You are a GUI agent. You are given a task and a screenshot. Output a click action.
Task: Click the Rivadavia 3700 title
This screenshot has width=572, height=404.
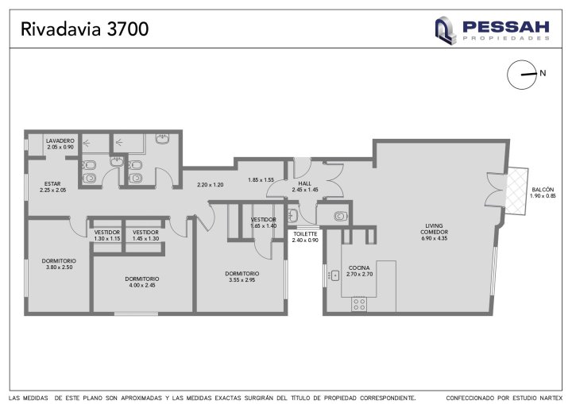pyautogui.click(x=85, y=29)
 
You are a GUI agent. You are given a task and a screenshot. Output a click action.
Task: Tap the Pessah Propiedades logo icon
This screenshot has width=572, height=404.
pyautogui.click(x=446, y=31)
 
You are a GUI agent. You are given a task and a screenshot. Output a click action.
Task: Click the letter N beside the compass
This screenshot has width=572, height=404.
pyautogui.click(x=543, y=73)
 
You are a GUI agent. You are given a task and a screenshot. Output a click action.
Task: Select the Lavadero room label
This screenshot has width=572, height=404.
pyautogui.click(x=60, y=144)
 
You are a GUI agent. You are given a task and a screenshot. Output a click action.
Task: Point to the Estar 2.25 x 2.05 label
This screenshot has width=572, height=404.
pyautogui.click(x=52, y=187)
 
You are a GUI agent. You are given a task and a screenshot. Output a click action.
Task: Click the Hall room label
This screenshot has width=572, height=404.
pyautogui.click(x=305, y=187)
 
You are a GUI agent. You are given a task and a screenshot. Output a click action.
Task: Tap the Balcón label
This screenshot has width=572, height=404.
pyautogui.click(x=543, y=193)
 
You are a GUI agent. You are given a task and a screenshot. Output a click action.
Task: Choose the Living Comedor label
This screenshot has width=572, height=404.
pyautogui.click(x=434, y=232)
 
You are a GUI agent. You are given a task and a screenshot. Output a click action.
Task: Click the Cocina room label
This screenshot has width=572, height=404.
pyautogui.click(x=359, y=271)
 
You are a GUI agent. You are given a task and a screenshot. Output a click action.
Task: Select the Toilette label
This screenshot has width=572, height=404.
pyautogui.click(x=305, y=237)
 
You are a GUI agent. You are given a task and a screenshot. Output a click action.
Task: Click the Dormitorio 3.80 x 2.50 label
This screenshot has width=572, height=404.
pyautogui.click(x=59, y=264)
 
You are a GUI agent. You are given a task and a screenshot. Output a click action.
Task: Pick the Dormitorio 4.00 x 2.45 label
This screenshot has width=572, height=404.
pyautogui.click(x=142, y=282)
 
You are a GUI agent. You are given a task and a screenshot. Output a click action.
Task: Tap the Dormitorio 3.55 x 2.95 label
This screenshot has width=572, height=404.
pyautogui.click(x=242, y=277)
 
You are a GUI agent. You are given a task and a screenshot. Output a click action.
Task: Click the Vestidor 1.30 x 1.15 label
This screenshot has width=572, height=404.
pyautogui.click(x=107, y=236)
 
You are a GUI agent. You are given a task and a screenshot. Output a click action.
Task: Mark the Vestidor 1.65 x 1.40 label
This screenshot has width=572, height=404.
pyautogui.click(x=264, y=223)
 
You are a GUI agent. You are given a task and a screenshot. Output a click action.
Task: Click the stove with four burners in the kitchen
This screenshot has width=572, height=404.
pyautogui.click(x=359, y=305)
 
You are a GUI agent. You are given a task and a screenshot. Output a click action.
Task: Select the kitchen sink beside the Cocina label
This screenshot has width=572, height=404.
pyautogui.click(x=334, y=275)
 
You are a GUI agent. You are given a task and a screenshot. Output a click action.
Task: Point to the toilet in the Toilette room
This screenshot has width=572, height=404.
pyautogui.click(x=340, y=216)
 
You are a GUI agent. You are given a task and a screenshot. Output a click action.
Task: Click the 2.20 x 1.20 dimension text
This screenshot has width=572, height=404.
pyautogui.click(x=210, y=185)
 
